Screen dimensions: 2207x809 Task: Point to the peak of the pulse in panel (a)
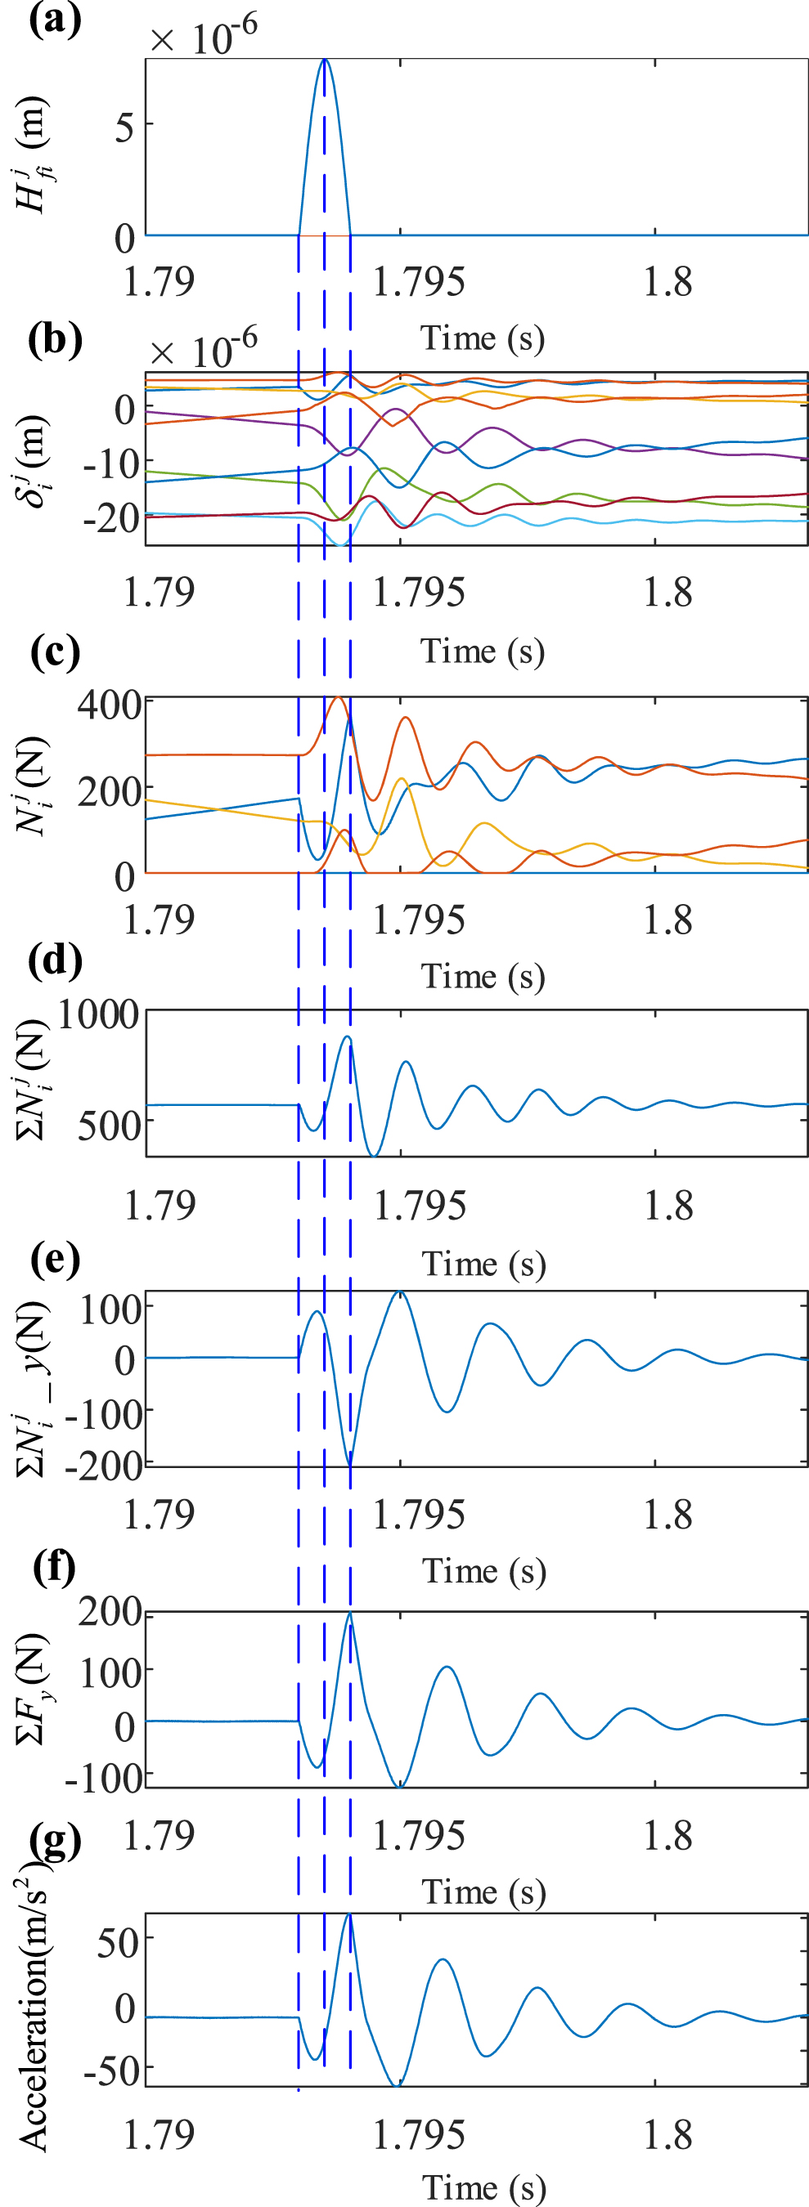coord(324,60)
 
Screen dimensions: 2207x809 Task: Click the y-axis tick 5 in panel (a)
coord(124,128)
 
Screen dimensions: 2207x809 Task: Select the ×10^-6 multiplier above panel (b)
coord(203,350)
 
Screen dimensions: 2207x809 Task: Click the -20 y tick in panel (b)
coord(111,517)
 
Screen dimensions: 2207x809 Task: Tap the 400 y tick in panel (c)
coord(109,705)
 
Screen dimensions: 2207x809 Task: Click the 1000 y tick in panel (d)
coord(97,1014)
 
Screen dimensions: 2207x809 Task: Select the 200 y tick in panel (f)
coord(110,1612)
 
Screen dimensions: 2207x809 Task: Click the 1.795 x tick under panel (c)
coord(419,920)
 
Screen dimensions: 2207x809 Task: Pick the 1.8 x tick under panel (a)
coord(667,282)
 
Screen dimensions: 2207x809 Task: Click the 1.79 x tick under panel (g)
coord(159,2134)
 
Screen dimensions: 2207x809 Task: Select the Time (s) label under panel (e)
coord(483,1570)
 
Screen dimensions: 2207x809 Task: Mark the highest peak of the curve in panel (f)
coord(349,1614)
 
